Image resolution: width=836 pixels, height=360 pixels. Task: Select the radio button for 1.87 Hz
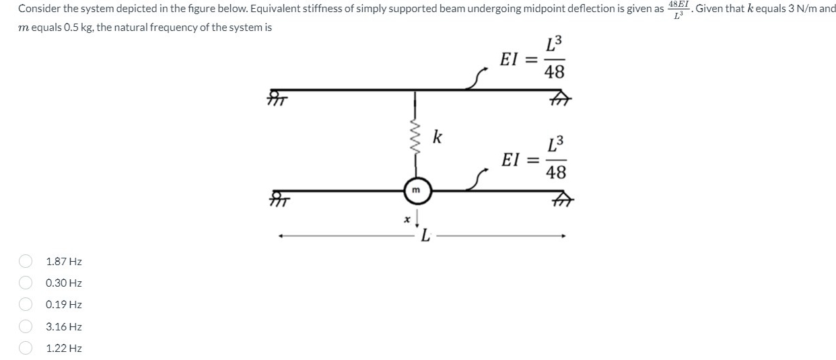26,261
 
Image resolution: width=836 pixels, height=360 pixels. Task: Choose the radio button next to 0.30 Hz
26,283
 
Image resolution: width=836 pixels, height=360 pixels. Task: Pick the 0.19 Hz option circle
26,305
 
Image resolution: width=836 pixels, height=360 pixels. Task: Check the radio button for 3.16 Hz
26,326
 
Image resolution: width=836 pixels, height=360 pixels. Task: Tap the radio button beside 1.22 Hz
26,348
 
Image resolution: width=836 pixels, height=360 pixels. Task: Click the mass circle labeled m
416,191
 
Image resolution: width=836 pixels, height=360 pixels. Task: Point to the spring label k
438,139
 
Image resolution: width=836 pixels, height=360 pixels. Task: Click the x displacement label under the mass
406,219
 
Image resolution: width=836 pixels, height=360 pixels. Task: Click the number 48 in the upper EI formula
555,72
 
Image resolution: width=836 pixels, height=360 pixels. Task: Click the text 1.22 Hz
64,348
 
